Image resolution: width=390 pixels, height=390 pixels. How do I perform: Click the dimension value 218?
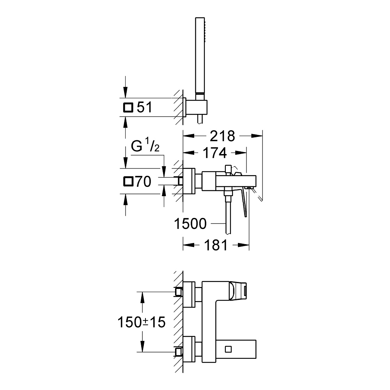223,136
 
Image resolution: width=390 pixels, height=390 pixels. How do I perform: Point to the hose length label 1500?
191,224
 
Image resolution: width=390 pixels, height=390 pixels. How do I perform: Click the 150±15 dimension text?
142,322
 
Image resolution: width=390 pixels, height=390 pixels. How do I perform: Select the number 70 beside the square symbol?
144,182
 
